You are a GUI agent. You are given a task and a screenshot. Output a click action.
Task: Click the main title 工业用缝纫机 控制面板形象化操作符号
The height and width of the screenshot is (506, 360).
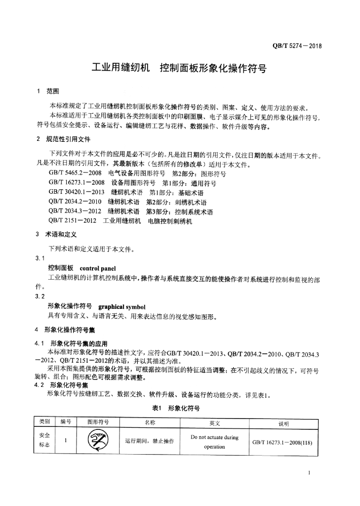tap(179, 69)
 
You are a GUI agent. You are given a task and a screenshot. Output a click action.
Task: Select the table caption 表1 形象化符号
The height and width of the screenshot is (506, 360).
tap(176, 408)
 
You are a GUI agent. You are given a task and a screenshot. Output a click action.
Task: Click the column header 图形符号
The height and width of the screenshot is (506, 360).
tap(98, 422)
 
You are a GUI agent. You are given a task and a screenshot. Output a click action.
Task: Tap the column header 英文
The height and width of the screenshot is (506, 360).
tap(214, 423)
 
